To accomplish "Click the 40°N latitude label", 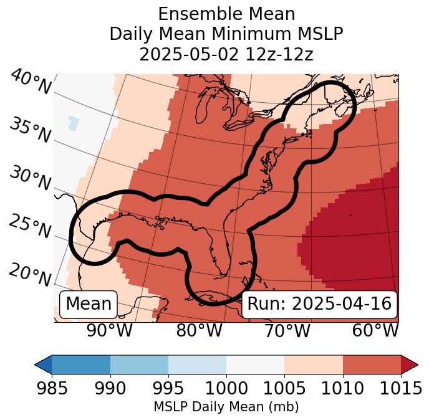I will pos(30,82).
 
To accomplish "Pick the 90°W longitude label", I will pos(109,330).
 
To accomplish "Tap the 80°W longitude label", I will pos(199,330).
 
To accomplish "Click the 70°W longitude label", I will pos(286,330).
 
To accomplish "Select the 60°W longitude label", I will pos(375,330).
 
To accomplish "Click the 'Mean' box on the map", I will pos(89,304).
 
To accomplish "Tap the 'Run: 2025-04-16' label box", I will pos(319,304).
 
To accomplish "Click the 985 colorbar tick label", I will pos(52,389).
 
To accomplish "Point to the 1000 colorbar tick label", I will pos(226,389).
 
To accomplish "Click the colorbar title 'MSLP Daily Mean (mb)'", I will pos(226,407).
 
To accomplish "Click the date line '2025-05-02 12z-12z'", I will pos(226,55).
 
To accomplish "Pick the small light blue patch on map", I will pos(74,123).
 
